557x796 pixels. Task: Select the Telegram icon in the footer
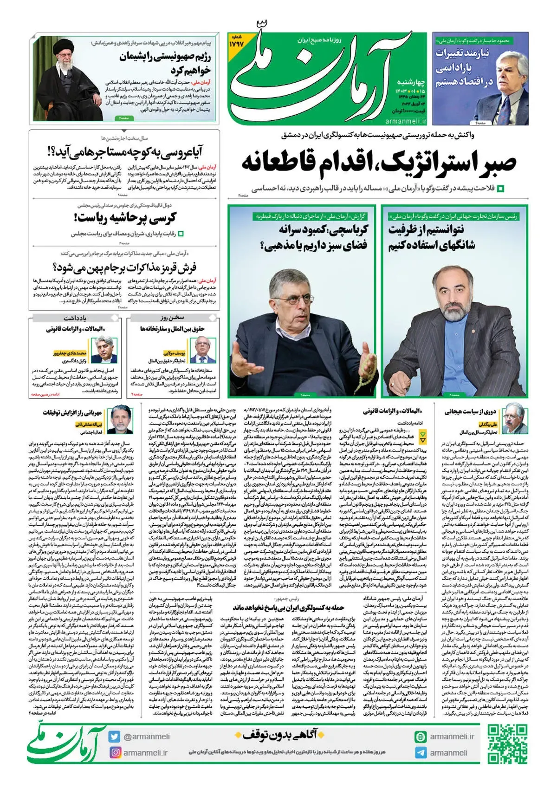[x=421, y=753]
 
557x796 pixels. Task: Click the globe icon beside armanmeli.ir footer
[x=421, y=737]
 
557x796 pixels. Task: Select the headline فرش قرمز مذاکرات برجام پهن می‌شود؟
[x=124, y=268]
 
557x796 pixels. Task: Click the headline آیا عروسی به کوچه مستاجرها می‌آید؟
[x=125, y=152]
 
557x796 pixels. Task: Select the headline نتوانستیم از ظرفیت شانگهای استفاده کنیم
[x=432, y=237]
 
